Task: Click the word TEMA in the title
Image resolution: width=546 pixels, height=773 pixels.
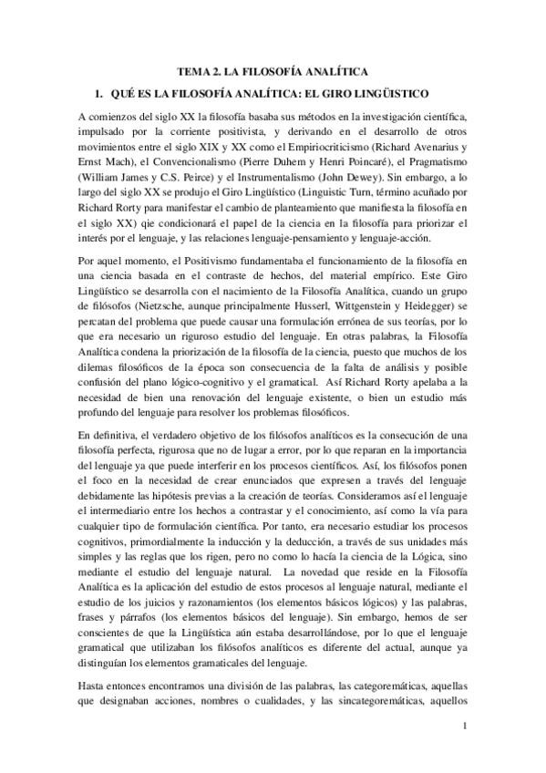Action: [193, 72]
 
